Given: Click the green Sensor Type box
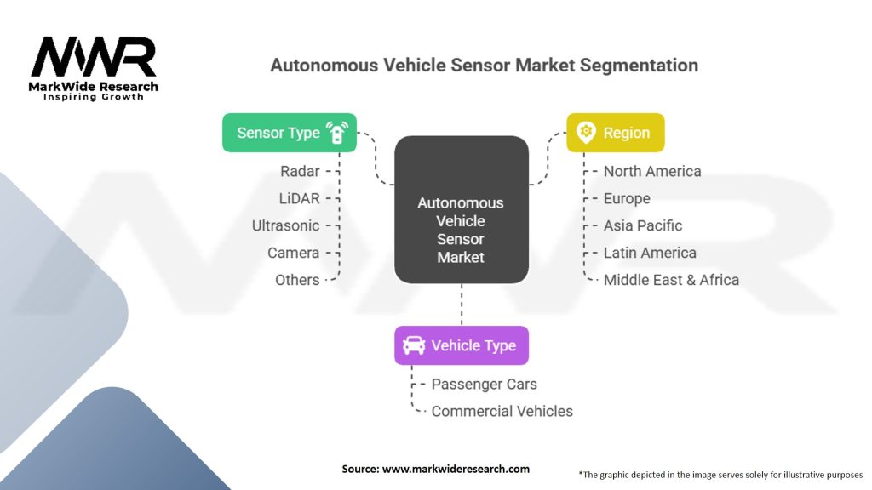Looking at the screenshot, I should tap(289, 133).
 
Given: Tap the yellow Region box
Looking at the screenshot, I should tap(616, 133).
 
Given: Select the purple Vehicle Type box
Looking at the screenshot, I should tap(461, 345).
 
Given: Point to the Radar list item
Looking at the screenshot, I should tap(300, 171).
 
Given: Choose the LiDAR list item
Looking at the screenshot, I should tap(299, 198).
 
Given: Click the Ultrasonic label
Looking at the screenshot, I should tap(286, 225).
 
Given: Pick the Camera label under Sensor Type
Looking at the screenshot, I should tap(293, 253).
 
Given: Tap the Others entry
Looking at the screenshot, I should tap(297, 280).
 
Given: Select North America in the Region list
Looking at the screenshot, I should tap(652, 171).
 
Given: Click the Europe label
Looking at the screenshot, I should tap(627, 198).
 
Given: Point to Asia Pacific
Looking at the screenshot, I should tap(643, 225).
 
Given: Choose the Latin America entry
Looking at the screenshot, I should tap(650, 253).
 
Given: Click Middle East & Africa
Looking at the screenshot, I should tap(671, 280).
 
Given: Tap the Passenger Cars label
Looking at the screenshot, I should tap(484, 384).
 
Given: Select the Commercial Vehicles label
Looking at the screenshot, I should tap(502, 411).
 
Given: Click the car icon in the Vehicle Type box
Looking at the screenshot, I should tap(414, 345).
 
